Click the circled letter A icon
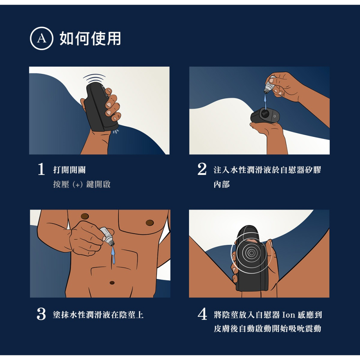coord(41,39)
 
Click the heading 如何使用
coord(90,39)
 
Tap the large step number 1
coord(41,169)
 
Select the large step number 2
coord(202,169)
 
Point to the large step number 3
coord(41,314)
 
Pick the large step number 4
coord(202,314)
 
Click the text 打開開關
coord(69,170)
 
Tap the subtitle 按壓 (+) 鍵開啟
coord(82,184)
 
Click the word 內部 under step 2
coord(221,184)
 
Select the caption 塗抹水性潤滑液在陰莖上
coord(98,315)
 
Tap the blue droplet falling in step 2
coord(266,103)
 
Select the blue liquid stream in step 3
coord(113,255)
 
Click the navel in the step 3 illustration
coord(112,282)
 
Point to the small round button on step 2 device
coord(275,117)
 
